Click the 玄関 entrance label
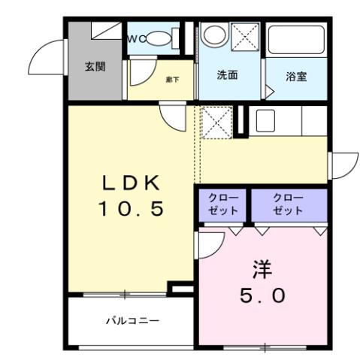(95, 66)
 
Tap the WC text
(135, 38)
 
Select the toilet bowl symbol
(158, 38)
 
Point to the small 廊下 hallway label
(172, 77)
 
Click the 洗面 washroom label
(228, 75)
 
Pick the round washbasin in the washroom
(215, 35)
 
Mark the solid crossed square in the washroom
(245, 37)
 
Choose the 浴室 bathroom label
(296, 77)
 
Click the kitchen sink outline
(265, 120)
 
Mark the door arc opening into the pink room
(210, 242)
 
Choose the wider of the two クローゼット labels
(289, 204)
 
